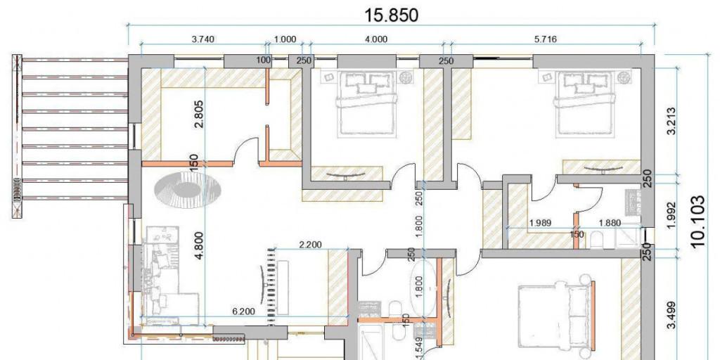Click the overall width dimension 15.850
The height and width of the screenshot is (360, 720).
tap(391, 15)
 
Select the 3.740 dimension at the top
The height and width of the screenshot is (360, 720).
tap(203, 39)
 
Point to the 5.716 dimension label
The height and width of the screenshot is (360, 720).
tap(546, 39)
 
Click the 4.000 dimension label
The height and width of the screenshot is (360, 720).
tap(376, 39)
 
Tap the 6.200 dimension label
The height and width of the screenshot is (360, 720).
tap(244, 311)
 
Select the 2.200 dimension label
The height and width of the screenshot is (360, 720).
tap(310, 245)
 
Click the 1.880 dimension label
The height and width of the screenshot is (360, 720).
tap(610, 223)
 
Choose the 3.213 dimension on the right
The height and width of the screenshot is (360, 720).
tap(671, 121)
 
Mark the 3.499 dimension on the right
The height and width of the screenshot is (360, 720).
tap(671, 315)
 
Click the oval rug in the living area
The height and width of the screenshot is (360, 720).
tap(188, 188)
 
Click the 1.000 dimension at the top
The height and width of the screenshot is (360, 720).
tap(285, 39)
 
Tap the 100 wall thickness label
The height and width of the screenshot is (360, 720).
tap(264, 60)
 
